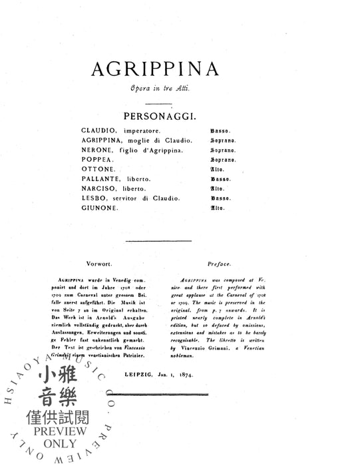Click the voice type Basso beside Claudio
tap(221, 131)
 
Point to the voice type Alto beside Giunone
tap(218, 208)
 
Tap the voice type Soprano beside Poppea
tap(224, 160)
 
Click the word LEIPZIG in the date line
tap(158, 375)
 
